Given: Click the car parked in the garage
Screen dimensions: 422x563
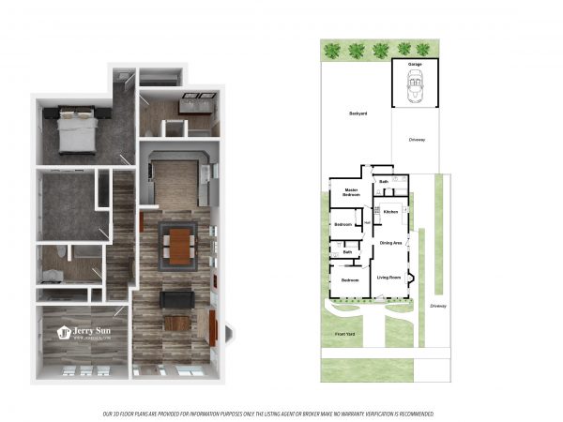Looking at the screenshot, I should pyautogui.click(x=415, y=88).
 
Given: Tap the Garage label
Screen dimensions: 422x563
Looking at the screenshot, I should pyautogui.click(x=415, y=65).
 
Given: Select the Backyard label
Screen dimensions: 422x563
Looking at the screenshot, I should pyautogui.click(x=358, y=113).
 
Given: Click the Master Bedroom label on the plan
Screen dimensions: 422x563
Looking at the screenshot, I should pyautogui.click(x=352, y=191).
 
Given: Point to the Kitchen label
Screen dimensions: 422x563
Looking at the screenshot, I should pyautogui.click(x=391, y=212).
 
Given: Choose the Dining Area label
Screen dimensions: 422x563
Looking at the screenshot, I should pyautogui.click(x=390, y=243).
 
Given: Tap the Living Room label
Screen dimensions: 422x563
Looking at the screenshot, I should pyautogui.click(x=388, y=278).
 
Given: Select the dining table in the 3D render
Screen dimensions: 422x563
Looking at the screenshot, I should pyautogui.click(x=178, y=246).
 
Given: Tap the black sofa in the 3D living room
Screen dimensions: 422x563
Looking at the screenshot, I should pyautogui.click(x=176, y=299).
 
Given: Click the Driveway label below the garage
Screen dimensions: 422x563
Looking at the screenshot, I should pyautogui.click(x=417, y=140).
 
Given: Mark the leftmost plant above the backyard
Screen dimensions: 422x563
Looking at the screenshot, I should pyautogui.click(x=332, y=50).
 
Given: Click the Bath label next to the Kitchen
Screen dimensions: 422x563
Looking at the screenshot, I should pyautogui.click(x=384, y=181).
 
